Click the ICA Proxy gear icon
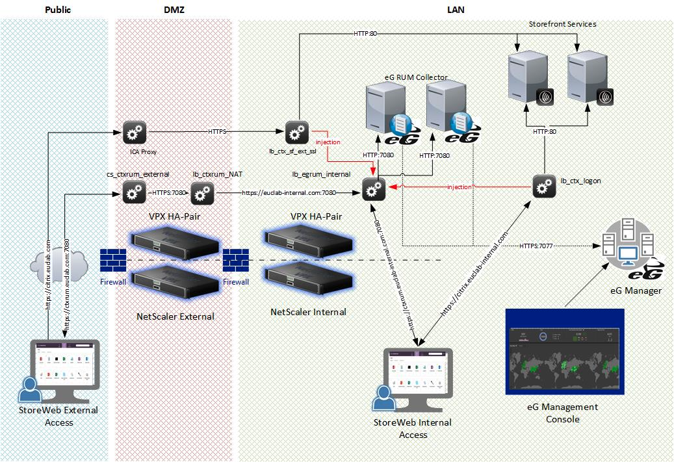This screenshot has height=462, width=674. pos(134,133)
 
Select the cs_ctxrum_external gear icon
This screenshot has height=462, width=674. pos(134,192)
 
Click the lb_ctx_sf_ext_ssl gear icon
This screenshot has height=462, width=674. pos(296,133)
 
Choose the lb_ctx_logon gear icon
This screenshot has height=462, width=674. pos(543,186)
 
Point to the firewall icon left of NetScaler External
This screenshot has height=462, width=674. pos(113,261)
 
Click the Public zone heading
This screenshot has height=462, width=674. pos(58,10)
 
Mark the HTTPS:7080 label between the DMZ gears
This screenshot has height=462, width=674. pos(168,192)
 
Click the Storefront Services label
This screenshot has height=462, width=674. pos(563,24)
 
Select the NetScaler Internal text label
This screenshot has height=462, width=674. pos(308,312)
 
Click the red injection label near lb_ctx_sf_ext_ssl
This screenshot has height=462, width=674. pos(328,142)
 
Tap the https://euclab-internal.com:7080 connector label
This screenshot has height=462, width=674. pos(289,192)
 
